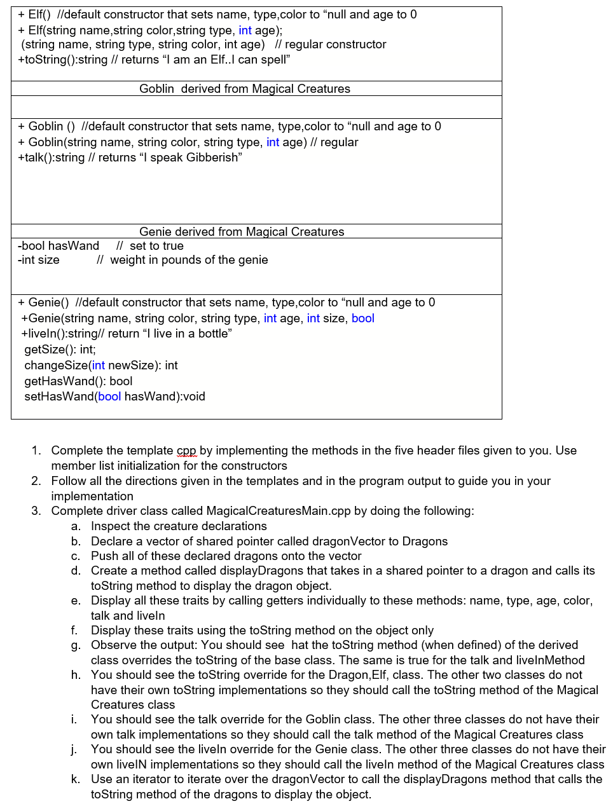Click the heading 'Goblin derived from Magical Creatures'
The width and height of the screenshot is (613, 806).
pyautogui.click(x=245, y=89)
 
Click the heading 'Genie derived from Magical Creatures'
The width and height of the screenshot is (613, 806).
pyautogui.click(x=242, y=232)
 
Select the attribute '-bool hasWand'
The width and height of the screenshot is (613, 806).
pyautogui.click(x=59, y=246)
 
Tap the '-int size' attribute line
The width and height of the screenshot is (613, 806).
pyautogui.click(x=39, y=260)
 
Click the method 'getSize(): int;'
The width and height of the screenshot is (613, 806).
pyautogui.click(x=60, y=350)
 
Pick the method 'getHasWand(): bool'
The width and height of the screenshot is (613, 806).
pyautogui.click(x=78, y=381)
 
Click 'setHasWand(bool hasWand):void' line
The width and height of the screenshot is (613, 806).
pyautogui.click(x=114, y=397)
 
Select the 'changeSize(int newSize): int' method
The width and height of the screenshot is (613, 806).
pyautogui.click(x=101, y=365)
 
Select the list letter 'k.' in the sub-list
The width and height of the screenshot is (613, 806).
pyautogui.click(x=76, y=779)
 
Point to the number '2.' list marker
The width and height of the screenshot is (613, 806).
pyautogui.click(x=36, y=481)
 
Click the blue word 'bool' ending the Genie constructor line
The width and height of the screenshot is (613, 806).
pyautogui.click(x=362, y=318)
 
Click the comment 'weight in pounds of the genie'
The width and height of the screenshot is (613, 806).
pyautogui.click(x=189, y=260)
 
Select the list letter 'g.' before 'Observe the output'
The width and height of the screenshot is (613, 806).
pyautogui.click(x=76, y=645)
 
